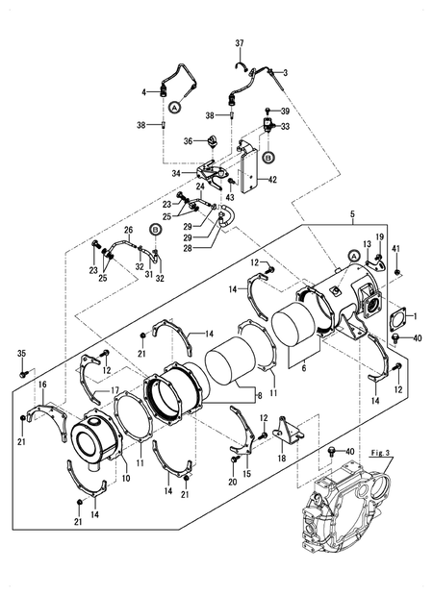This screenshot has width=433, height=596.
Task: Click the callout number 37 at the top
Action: coord(241,43)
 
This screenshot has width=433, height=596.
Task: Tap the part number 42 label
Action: coord(273,178)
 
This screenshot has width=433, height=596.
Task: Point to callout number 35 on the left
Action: coord(22,355)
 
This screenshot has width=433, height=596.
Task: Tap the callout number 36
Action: coord(189,141)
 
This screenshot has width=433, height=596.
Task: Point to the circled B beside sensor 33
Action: coord(268,155)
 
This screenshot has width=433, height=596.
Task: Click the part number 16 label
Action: coord(42,384)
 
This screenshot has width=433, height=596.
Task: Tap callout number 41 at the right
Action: coord(395,249)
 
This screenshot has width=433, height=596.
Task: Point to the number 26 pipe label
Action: coord(127,230)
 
